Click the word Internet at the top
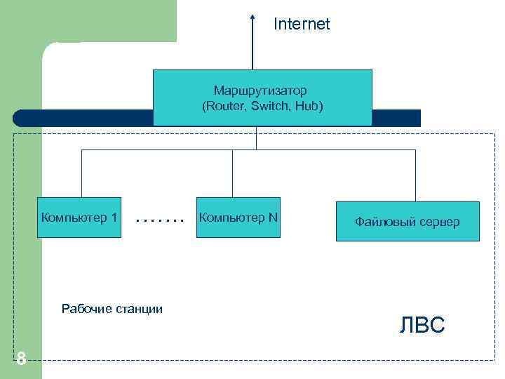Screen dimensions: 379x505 click(302, 25)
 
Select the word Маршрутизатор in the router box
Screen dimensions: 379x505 click(261, 91)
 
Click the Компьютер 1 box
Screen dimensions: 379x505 click(80, 217)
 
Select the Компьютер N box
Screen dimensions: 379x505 click(238, 217)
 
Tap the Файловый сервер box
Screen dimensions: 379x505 click(408, 222)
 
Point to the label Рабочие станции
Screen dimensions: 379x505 click(112, 308)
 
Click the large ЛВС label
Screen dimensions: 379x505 click(422, 326)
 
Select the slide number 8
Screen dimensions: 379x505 click(21, 359)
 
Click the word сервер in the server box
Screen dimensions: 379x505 click(440, 222)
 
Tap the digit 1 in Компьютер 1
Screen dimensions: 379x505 click(114, 217)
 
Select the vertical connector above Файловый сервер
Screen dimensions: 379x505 click(415, 175)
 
